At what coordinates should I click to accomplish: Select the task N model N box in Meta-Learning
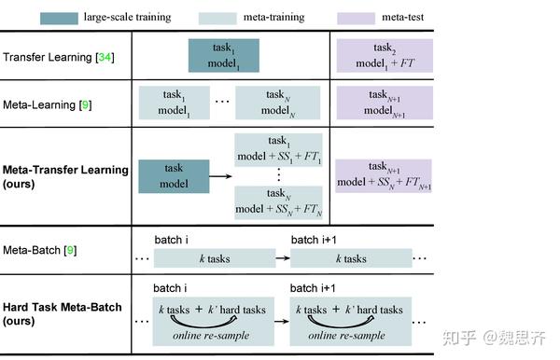point(278,102)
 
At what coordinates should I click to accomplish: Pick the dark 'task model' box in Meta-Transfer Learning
point(173,176)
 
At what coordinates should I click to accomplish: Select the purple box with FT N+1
point(383,175)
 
